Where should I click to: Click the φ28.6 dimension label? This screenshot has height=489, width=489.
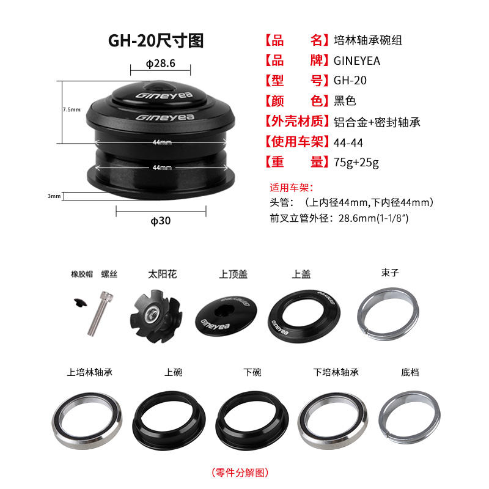pos(161,64)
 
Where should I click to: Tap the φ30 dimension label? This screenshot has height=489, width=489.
pos(161,221)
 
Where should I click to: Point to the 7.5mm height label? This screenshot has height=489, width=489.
pos(72,109)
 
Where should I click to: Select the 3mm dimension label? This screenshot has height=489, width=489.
pos(54,196)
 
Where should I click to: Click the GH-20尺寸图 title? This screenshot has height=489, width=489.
pos(156,41)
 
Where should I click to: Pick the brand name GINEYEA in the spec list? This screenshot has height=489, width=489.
pos(357,61)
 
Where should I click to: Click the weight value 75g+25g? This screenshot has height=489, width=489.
pos(356,163)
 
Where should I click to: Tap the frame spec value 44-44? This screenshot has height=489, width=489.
pos(348,143)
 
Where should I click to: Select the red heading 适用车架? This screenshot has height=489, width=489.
pos(292,188)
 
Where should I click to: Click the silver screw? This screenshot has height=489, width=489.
pos(100,314)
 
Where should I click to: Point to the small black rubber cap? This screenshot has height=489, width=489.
pos(80,303)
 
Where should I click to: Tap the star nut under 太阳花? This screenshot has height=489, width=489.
pos(156,316)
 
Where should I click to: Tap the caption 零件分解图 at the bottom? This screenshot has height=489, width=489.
pos(240,472)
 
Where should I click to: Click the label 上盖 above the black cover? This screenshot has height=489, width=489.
pos(301,274)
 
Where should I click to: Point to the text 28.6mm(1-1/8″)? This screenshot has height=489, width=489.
pos(373,218)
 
